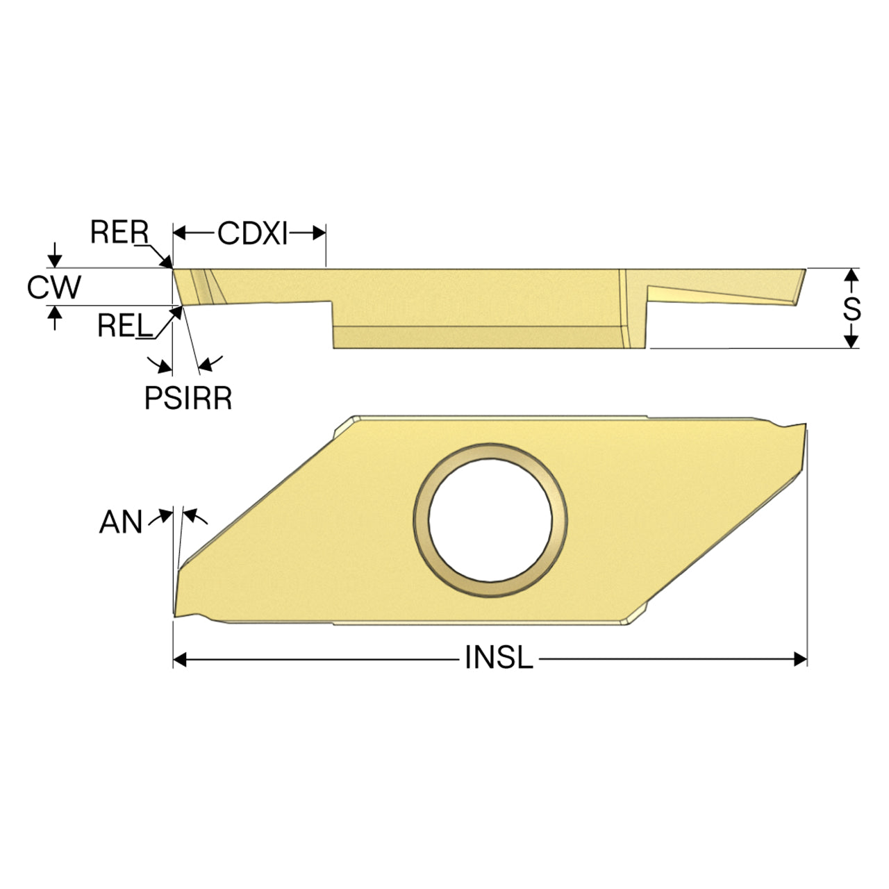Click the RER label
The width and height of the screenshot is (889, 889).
point(119,232)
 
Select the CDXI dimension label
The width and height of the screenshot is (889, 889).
point(252,233)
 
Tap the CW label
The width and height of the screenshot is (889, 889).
point(54,287)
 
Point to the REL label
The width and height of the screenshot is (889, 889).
point(124,326)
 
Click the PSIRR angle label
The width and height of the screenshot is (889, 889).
point(188,398)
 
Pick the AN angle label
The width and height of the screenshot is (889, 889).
point(120,522)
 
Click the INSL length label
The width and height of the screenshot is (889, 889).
point(499,658)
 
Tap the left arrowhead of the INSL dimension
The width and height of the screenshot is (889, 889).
point(180,659)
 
